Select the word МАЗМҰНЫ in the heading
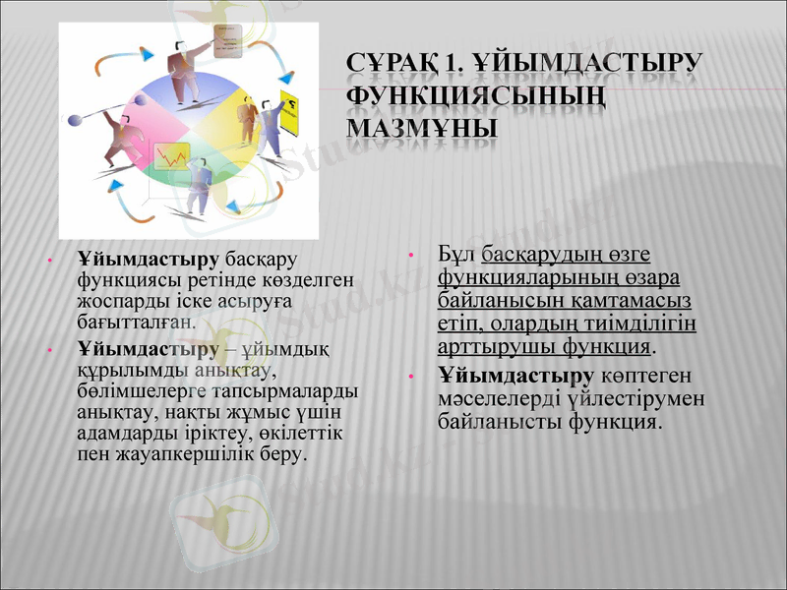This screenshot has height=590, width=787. point(421,129)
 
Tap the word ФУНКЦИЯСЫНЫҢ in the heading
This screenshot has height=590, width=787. point(475,96)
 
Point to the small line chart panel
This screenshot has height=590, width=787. point(170,156)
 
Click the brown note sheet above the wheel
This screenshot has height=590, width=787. point(227,41)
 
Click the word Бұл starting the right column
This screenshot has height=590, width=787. point(456,253)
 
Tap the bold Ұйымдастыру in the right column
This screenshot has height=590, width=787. point(515,377)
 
